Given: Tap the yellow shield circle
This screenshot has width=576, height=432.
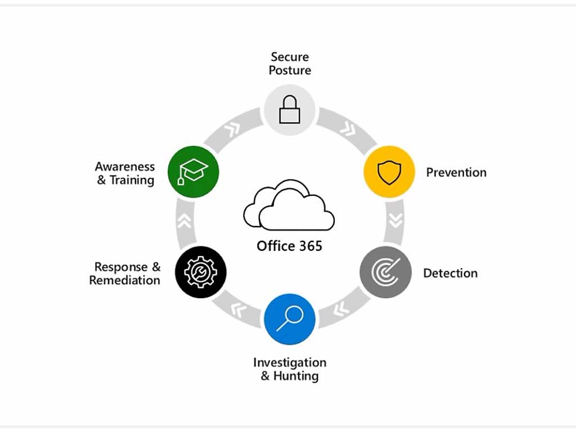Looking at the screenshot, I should click(x=389, y=172).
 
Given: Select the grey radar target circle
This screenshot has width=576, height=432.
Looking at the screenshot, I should click(x=386, y=272).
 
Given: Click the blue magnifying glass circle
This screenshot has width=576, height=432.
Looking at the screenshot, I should click(x=290, y=319).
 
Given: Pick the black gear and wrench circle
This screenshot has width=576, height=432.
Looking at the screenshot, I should click(x=201, y=272).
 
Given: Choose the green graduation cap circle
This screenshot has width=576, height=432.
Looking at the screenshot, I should click(x=193, y=171).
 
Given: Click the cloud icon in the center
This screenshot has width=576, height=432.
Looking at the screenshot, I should click(x=289, y=205).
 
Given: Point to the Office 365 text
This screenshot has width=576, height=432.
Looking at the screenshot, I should click(x=289, y=246).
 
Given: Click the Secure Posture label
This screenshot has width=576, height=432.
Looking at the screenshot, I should click(x=290, y=64).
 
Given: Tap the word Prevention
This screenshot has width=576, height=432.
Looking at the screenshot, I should click(x=456, y=172).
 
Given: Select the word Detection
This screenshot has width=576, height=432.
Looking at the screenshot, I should click(x=450, y=273).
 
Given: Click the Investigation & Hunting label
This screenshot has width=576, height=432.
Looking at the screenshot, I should click(x=290, y=369).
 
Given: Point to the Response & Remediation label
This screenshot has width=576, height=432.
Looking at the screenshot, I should click(x=125, y=273).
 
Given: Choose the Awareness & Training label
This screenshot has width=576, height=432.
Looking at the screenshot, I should click(x=124, y=173).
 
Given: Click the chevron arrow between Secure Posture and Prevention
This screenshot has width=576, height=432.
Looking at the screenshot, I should click(x=348, y=130).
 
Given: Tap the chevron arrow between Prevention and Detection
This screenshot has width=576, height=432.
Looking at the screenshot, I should click(x=396, y=220).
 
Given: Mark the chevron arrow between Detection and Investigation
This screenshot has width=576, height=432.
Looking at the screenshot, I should click(x=340, y=308).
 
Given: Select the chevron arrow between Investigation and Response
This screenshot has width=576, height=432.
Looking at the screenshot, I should click(x=238, y=308).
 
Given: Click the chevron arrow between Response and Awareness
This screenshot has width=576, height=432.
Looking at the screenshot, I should click(x=184, y=221).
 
